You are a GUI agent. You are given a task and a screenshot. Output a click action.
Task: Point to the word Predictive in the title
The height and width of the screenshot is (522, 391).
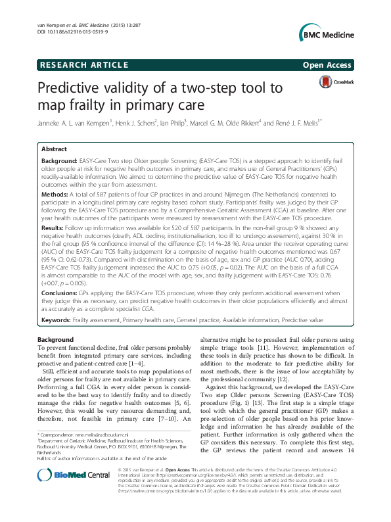point(74,87)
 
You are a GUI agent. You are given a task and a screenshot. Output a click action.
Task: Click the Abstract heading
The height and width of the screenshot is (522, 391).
point(55,150)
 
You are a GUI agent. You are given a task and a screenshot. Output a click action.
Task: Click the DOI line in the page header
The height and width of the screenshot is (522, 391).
point(64,32)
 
